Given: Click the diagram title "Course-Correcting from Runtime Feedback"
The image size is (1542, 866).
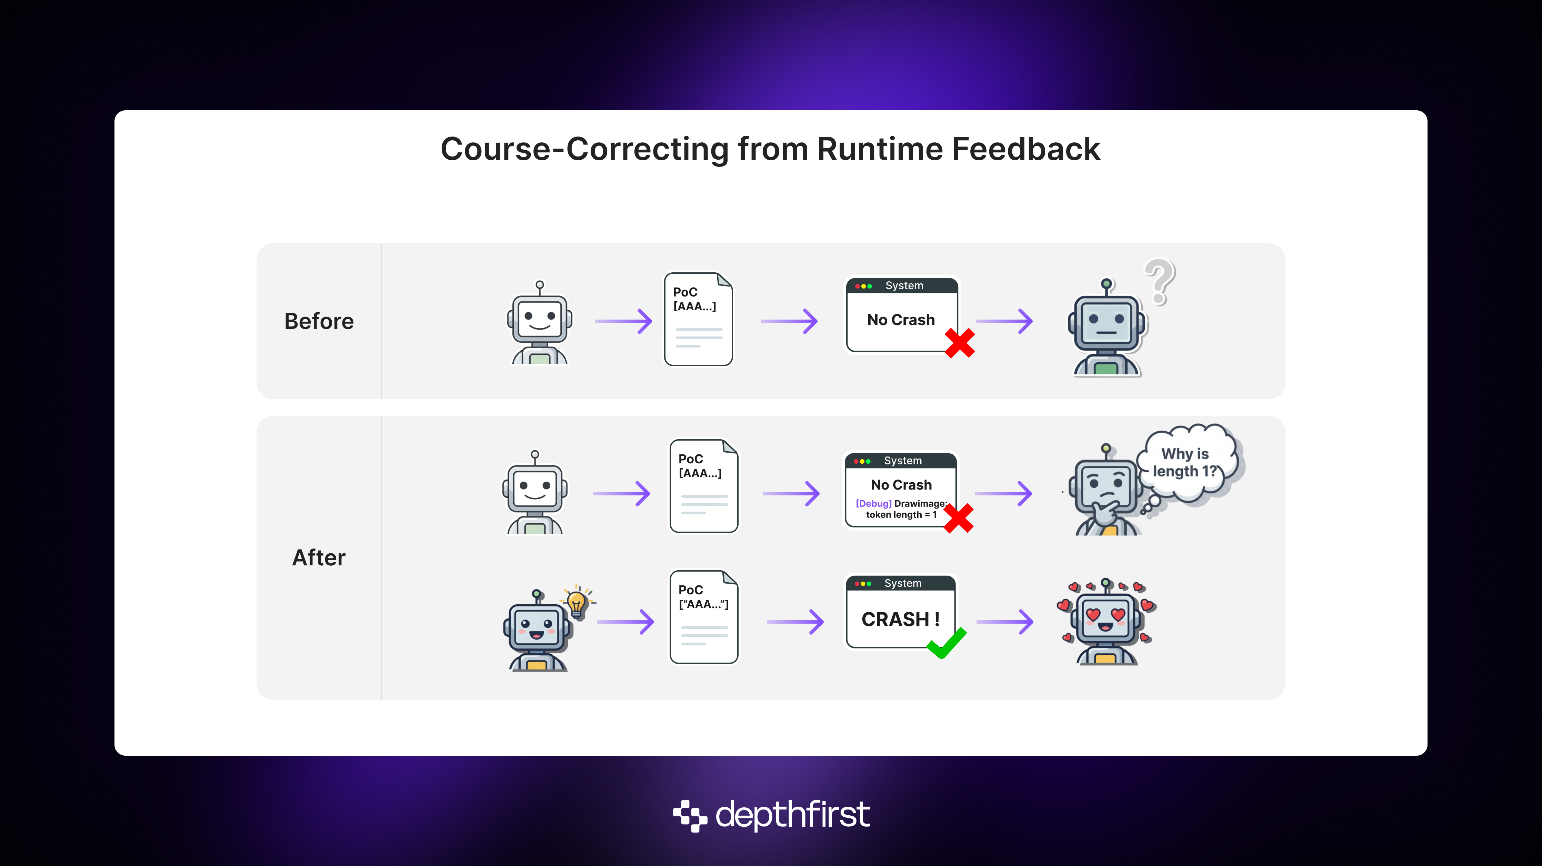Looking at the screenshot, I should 770,149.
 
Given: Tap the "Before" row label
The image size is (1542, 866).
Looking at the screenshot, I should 319,321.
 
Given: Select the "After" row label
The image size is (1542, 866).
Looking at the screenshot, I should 319,558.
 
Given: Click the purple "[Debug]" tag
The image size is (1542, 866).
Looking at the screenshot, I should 873,503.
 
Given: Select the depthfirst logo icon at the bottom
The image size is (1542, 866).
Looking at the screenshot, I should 690,815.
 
